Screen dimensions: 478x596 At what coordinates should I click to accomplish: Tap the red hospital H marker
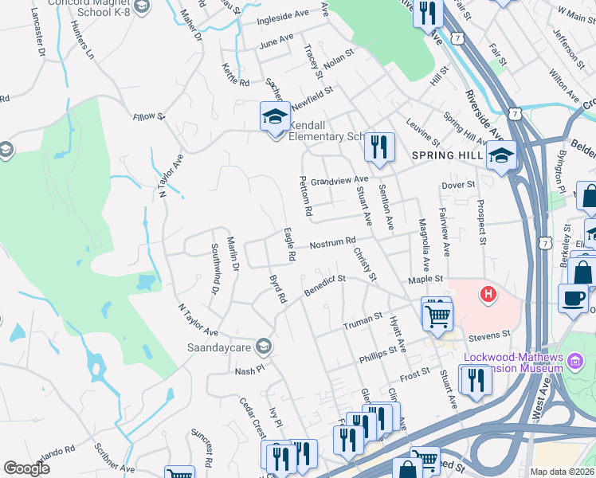pos(488,296)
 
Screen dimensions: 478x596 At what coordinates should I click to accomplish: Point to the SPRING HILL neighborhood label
pos(445,155)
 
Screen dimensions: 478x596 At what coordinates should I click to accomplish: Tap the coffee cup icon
pos(572,298)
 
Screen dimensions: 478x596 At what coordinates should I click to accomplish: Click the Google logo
pos(27,468)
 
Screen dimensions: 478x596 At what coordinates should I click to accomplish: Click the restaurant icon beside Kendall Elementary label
pos(379,147)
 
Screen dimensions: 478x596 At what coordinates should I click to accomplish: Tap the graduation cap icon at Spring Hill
pos(502,154)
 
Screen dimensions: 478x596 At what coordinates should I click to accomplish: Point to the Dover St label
pos(458,185)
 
